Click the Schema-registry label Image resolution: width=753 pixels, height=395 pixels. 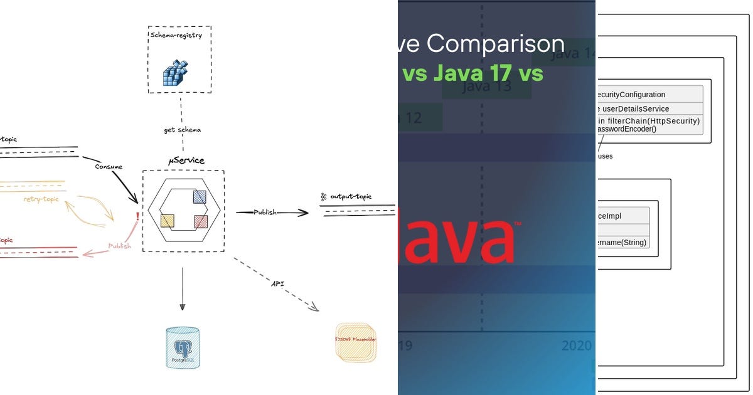(176, 36)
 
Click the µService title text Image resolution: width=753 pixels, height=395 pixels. (186, 161)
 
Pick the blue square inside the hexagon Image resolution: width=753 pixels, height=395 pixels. (200, 196)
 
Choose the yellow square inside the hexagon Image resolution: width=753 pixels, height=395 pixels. (168, 221)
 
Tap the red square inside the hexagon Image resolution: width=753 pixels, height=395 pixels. (201, 221)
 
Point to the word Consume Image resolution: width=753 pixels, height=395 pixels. (109, 167)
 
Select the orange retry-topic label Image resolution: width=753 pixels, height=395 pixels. (41, 199)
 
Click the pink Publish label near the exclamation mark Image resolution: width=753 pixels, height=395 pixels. (119, 246)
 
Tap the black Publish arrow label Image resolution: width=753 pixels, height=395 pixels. (264, 213)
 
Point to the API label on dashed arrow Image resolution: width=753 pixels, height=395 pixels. (277, 284)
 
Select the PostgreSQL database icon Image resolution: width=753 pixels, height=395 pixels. (183, 347)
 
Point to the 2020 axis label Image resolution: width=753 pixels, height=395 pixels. (576, 345)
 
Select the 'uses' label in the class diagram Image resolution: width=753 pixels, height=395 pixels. (605, 156)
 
